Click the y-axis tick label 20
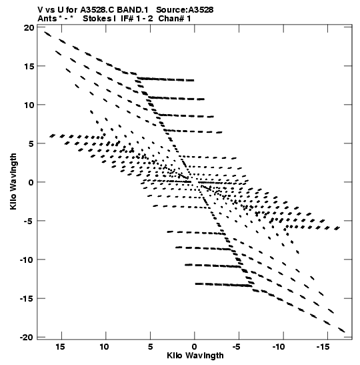pyautogui.click(x=29, y=28)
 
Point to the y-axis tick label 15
pyautogui.click(x=29, y=66)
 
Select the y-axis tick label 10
pyautogui.click(x=29, y=105)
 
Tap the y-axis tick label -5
pyautogui.click(x=29, y=221)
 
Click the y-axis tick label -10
pyautogui.click(x=27, y=260)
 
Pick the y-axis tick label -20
pyautogui.click(x=27, y=337)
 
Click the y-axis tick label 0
pyautogui.click(x=31, y=182)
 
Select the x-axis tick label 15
pyautogui.click(x=60, y=346)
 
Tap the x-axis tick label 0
pyautogui.click(x=194, y=347)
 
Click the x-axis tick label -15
pyautogui.click(x=323, y=347)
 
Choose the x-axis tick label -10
pyautogui.click(x=279, y=347)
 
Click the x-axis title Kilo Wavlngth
pyautogui.click(x=195, y=356)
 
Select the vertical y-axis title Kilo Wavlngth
pyautogui.click(x=13, y=181)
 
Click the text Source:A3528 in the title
pyautogui.click(x=185, y=10)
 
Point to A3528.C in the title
pyautogui.click(x=97, y=10)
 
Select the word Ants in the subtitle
pyautogui.click(x=47, y=19)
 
